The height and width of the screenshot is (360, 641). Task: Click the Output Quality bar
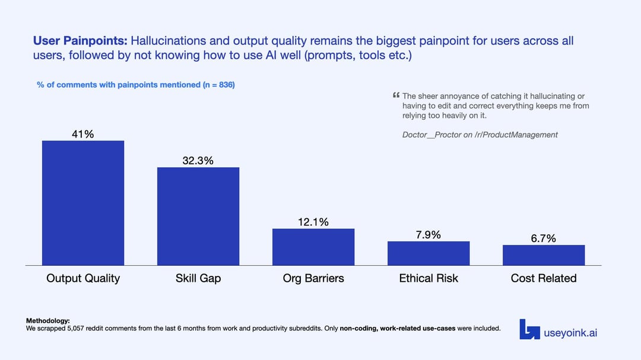83,203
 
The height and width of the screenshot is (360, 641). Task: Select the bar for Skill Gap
198,216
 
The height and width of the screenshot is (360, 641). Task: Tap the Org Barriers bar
313,247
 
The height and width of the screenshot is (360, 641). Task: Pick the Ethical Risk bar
429,253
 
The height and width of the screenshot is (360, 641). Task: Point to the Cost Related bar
544,255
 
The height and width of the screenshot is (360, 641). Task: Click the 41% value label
83,134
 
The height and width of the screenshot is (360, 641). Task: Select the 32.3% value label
198,161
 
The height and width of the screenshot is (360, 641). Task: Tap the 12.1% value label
313,222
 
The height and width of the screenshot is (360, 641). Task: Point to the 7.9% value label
428,235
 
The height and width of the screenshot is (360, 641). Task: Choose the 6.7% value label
543,238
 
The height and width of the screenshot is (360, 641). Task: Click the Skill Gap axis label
198,278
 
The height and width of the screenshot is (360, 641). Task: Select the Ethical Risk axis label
429,278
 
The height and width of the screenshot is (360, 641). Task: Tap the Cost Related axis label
544,278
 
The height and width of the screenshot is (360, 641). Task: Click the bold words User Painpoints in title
80,41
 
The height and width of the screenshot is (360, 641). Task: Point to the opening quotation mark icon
396,95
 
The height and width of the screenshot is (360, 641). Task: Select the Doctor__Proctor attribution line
480,135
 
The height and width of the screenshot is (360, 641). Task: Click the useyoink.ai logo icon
529,330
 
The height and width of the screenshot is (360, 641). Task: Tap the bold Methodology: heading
48,321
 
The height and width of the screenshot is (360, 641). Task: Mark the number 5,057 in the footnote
79,328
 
